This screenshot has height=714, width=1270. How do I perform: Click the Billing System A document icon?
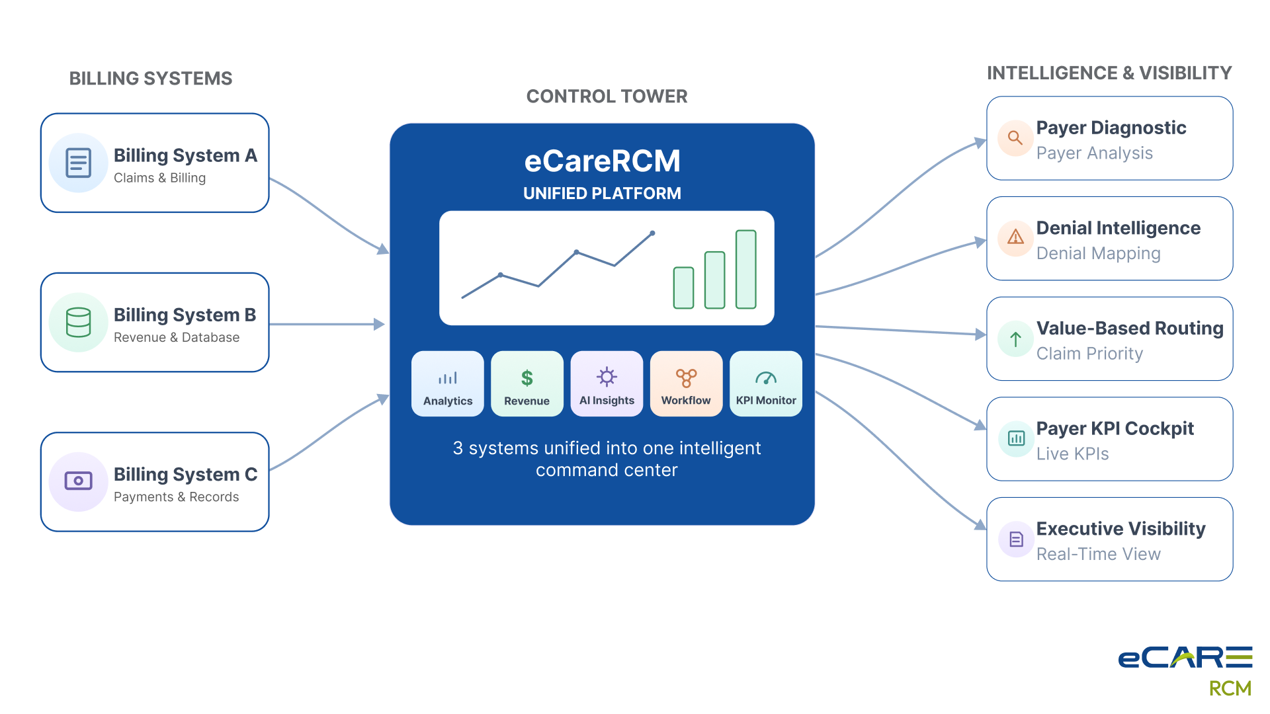[78, 163]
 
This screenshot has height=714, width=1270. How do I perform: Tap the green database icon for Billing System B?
[78, 323]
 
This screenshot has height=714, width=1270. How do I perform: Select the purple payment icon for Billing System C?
[78, 481]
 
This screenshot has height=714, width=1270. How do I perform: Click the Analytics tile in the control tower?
[448, 383]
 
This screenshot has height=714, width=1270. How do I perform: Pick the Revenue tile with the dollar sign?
[527, 383]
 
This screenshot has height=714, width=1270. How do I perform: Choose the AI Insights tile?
[607, 383]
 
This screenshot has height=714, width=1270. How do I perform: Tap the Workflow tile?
[686, 383]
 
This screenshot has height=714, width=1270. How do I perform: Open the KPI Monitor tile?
[766, 383]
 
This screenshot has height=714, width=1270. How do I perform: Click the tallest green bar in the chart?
[746, 269]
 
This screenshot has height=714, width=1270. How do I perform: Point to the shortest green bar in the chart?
[683, 288]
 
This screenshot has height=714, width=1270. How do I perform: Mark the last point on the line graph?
[652, 233]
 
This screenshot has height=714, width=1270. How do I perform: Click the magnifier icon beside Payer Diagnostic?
[1015, 138]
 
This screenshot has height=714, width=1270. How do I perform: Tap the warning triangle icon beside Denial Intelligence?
[1015, 237]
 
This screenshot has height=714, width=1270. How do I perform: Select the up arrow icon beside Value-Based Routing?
[1015, 339]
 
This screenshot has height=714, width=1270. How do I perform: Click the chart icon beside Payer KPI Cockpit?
[1016, 438]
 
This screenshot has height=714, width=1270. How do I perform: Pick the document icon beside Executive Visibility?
[1016, 539]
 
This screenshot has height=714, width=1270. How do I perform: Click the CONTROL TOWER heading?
[607, 97]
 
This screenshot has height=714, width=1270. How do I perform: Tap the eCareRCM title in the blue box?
[602, 161]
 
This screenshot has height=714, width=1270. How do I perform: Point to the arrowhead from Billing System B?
[379, 324]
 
